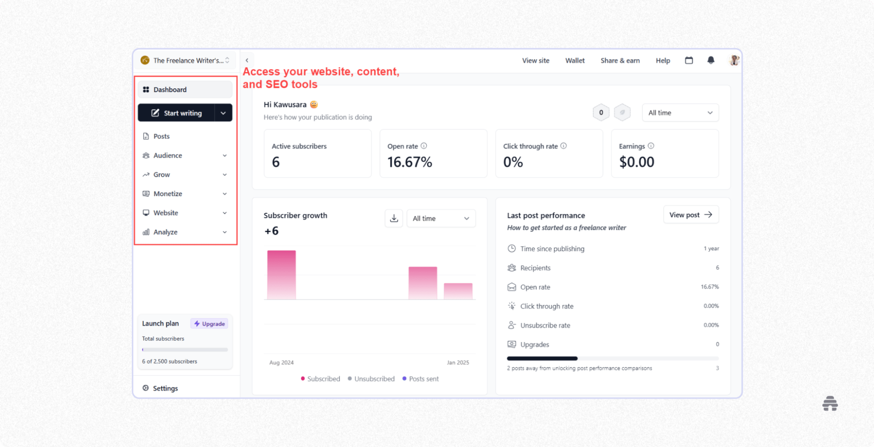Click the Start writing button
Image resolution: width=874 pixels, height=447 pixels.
tap(177, 113)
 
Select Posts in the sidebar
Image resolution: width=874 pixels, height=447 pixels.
tap(161, 136)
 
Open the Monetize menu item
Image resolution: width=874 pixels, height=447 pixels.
tap(168, 194)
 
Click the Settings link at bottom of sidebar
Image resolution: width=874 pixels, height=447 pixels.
tap(165, 388)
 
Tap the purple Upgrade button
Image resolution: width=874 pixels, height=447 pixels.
tap(209, 324)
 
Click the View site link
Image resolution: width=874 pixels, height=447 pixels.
tap(535, 61)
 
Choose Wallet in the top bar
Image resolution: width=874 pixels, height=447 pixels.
tap(575, 61)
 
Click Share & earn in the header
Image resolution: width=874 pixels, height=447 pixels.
tap(620, 61)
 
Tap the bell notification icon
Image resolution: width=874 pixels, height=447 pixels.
tap(710, 60)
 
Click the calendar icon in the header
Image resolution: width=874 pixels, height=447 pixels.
tap(689, 60)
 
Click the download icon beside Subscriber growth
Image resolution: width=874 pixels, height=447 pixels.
tap(393, 218)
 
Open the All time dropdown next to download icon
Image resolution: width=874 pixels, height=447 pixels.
tap(441, 218)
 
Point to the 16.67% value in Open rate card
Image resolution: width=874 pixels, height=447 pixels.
tap(409, 162)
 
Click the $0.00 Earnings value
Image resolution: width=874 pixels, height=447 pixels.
tap(636, 162)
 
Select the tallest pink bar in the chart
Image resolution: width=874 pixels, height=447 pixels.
tap(281, 274)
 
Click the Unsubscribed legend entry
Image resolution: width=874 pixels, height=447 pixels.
tap(374, 379)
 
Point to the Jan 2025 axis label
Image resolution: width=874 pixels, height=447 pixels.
tap(457, 363)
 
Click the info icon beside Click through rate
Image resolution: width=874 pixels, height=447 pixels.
tap(563, 146)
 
